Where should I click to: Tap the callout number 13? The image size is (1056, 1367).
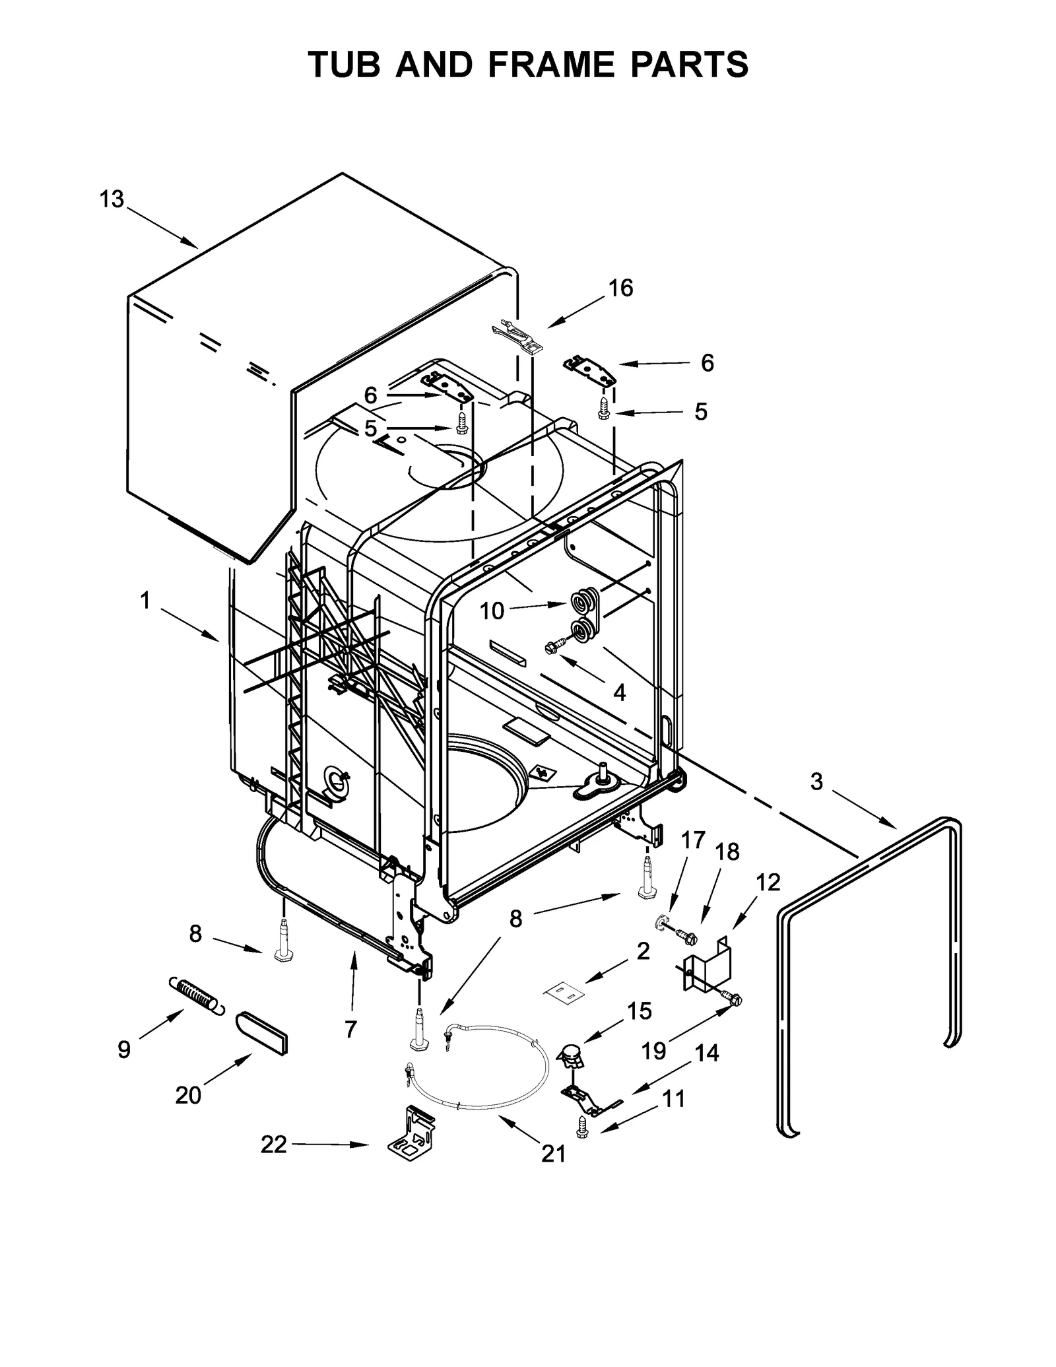pos(112,199)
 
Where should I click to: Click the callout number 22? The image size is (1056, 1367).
pos(273,1144)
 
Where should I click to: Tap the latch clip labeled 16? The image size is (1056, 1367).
pos(517,335)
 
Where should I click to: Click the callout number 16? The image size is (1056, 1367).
pos(620,288)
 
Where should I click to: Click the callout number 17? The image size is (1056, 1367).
pos(693,840)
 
